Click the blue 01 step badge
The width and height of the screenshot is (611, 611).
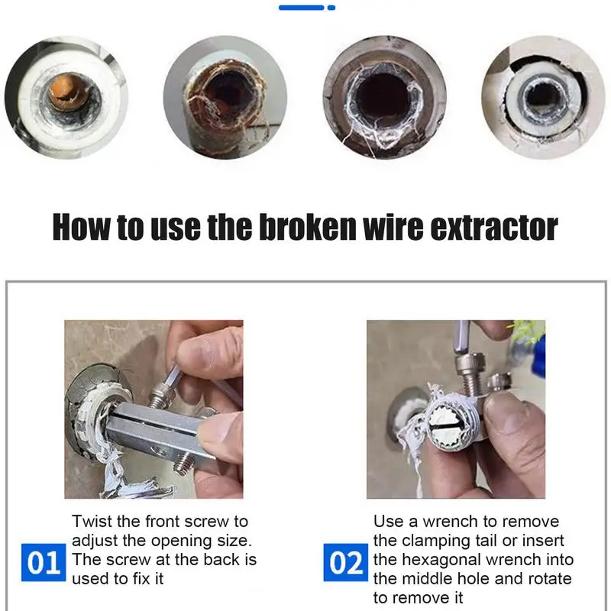pos(44,562)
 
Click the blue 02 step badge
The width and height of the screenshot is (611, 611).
pos(346,562)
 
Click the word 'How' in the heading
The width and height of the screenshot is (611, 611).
pos(81,227)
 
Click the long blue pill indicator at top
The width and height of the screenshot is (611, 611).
pos(301,8)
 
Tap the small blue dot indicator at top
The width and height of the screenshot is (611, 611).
pos(331,8)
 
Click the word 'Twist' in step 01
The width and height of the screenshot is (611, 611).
pos(92,521)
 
